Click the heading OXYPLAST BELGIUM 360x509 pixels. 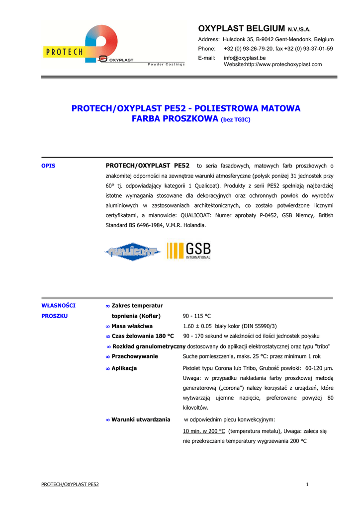[241, 28]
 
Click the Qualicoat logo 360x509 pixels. [132, 252]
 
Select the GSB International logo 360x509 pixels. [189, 251]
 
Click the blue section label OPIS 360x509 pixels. [48, 166]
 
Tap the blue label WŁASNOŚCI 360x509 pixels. [58, 305]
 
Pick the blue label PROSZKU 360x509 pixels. [54, 316]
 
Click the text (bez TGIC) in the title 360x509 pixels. [236, 120]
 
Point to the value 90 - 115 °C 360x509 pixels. [197, 316]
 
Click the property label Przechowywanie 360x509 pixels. [134, 356]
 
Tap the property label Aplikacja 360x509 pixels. [124, 368]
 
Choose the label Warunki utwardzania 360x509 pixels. [141, 420]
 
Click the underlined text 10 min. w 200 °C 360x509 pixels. [204, 431]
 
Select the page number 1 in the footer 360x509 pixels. [308, 485]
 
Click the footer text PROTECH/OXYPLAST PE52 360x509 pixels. [70, 485]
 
